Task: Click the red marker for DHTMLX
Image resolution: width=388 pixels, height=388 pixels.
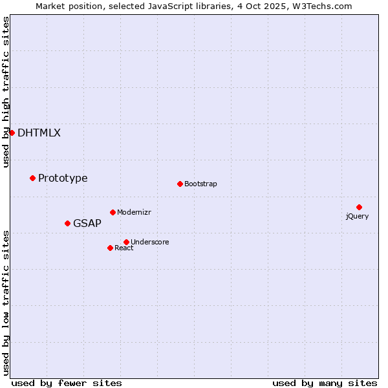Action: coord(12,133)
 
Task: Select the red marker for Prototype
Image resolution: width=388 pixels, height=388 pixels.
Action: coord(32,178)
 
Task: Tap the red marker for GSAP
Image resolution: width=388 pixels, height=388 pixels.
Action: coord(67,223)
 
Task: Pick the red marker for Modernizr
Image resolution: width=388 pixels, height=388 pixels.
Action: coord(113,212)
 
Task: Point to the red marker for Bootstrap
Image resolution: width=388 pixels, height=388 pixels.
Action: coord(180,184)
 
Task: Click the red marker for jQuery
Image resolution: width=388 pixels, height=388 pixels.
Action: coord(359,207)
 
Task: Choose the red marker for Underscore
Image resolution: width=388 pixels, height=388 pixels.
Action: coord(126,242)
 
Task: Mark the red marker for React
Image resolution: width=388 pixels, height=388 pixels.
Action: coord(110,248)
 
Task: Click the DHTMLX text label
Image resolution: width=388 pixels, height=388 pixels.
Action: coord(39,133)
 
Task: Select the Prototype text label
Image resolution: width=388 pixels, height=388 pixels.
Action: coord(63,178)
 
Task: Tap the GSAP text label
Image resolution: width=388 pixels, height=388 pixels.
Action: coord(87,224)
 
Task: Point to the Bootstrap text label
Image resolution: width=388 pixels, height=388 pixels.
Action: coord(200,184)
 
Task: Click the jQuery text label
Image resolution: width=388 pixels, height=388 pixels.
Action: coord(357,217)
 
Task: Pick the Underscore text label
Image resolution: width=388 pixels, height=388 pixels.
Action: coord(150,242)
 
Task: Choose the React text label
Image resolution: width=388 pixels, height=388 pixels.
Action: coord(124,248)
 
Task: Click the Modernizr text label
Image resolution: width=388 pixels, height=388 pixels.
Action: coord(134,213)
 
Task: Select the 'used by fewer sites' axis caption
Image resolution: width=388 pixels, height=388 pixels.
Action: coord(67,383)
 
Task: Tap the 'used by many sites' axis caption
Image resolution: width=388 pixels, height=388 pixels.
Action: coord(325,383)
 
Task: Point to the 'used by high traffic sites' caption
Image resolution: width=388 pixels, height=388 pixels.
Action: coord(6,92)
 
